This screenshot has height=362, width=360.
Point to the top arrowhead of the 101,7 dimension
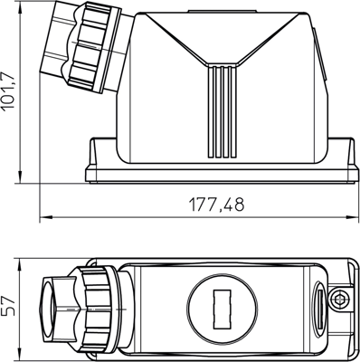(24, 8)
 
